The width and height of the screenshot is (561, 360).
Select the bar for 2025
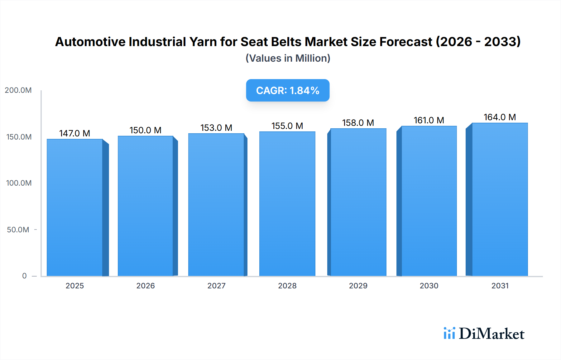tap(75, 207)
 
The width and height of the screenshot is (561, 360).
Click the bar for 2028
tap(287, 204)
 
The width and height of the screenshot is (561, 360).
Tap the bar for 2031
tap(500, 199)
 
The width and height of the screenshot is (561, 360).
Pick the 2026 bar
tap(146, 206)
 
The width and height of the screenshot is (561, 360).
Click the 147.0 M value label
tap(75, 133)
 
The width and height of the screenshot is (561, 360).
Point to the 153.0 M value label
tap(216, 128)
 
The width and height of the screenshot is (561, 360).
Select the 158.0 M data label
tap(358, 123)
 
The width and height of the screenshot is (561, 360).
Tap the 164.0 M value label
tap(500, 117)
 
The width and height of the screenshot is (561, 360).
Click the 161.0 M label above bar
tap(429, 120)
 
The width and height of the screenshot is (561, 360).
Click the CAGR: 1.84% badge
tap(288, 90)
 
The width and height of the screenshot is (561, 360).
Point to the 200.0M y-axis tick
tap(18, 90)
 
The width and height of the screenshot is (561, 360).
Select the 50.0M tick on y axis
tap(18, 230)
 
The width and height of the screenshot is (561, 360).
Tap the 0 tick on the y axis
tap(24, 276)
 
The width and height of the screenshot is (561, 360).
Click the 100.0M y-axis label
tap(19, 183)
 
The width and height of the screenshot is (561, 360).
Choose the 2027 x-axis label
tap(216, 286)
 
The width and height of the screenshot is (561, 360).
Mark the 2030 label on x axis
tap(429, 286)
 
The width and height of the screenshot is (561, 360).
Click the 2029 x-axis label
tap(358, 286)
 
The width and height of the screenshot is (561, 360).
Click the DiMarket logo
tap(484, 334)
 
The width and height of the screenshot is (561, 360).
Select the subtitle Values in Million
tap(288, 58)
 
